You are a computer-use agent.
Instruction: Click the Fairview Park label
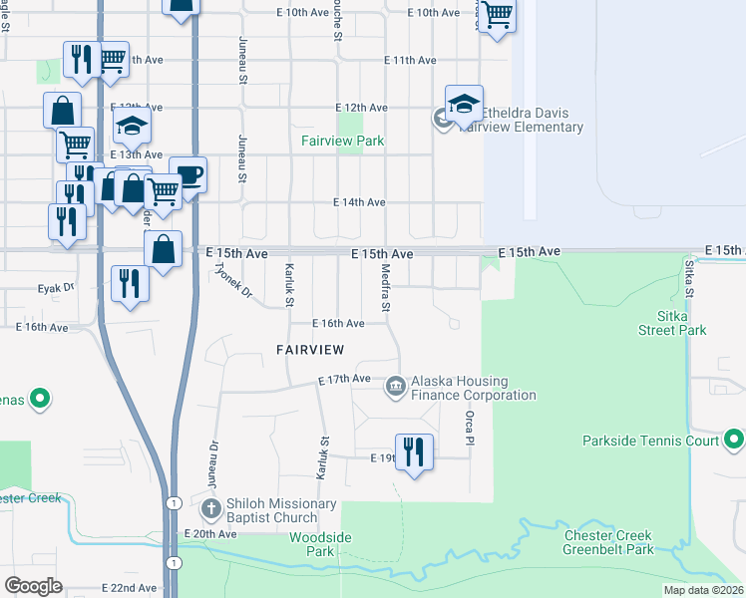(343, 142)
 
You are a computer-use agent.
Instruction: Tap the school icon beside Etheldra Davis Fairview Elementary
(464, 105)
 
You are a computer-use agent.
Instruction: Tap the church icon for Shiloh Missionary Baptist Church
(210, 508)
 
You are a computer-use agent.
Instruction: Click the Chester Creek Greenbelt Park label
(607, 542)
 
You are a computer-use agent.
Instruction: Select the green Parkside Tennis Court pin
(733, 438)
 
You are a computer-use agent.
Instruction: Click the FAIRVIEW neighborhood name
(310, 350)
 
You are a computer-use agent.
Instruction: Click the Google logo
(34, 585)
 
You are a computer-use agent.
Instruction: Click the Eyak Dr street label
(56, 287)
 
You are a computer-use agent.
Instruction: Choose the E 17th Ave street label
(344, 380)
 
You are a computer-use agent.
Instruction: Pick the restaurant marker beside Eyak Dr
(130, 284)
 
